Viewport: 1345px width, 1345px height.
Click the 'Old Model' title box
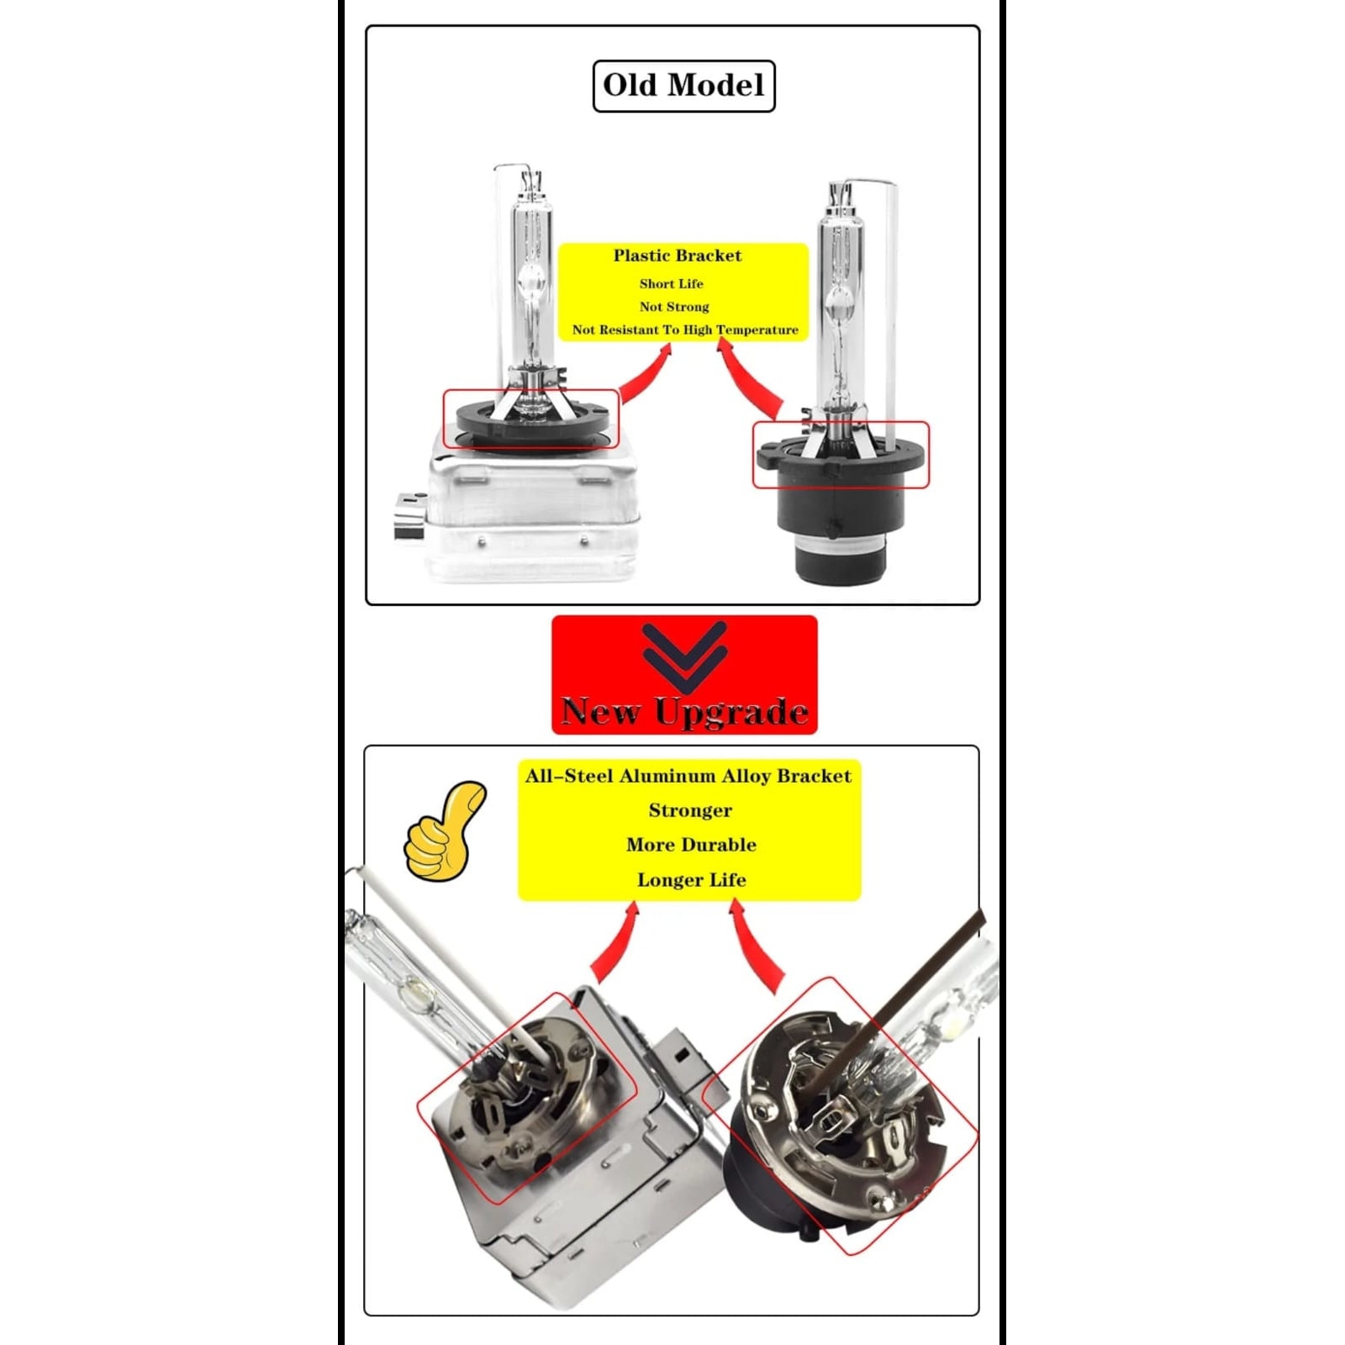(683, 86)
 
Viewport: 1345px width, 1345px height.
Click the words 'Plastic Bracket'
(678, 256)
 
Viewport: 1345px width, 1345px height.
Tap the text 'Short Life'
(671, 284)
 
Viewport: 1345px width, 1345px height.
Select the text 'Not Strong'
(674, 307)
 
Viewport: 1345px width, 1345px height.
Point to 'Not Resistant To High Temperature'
(685, 330)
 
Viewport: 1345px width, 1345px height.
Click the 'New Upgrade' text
(684, 712)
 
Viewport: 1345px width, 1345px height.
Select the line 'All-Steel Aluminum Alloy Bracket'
(688, 776)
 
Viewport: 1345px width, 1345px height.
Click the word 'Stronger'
(690, 811)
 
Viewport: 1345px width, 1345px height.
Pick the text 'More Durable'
(691, 845)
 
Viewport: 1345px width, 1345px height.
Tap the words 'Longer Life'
(691, 880)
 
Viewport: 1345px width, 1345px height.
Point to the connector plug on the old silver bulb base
(409, 514)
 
